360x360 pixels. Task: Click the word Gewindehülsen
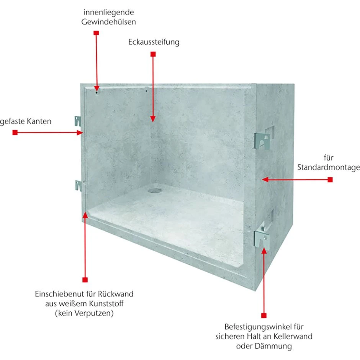[x=109, y=22]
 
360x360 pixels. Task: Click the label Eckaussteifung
[x=154, y=42]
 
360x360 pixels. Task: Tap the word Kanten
[x=39, y=121]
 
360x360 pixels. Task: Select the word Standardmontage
[x=329, y=167]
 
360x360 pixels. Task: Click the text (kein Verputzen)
[x=84, y=313]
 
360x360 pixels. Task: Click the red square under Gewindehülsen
[x=96, y=33]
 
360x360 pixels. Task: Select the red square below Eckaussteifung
[x=153, y=54]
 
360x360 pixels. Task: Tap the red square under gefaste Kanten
[x=15, y=133]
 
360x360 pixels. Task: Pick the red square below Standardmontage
[x=330, y=180]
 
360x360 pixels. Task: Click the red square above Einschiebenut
[x=85, y=280]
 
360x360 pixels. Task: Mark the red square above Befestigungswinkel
[x=264, y=315]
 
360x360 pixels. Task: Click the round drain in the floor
[x=152, y=190]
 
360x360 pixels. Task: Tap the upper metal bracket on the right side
[x=262, y=141]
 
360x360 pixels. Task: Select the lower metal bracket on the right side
[x=262, y=240]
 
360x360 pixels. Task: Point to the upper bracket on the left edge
[x=78, y=121]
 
